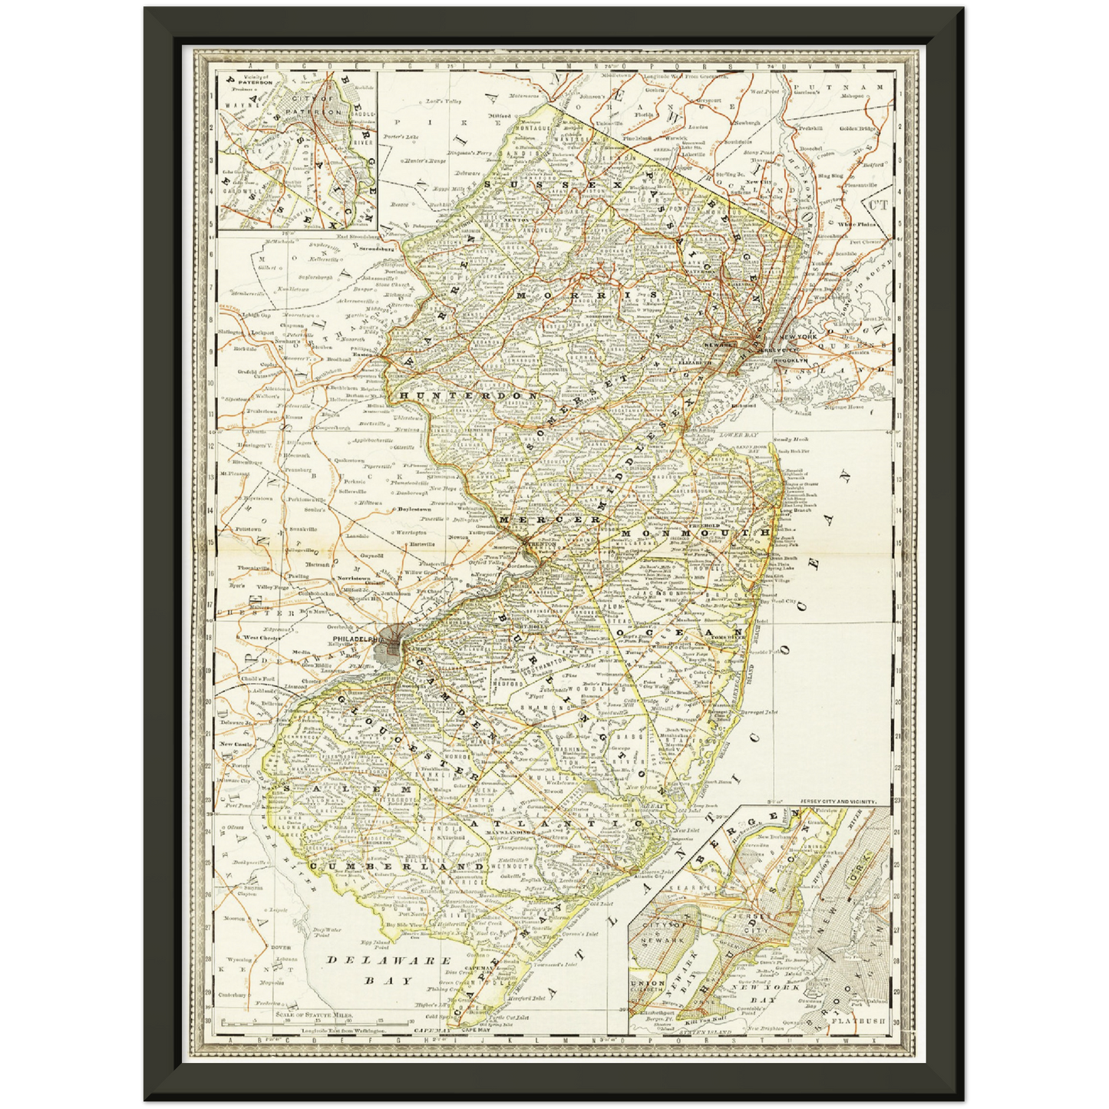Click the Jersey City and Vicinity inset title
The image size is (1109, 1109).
[x=837, y=801]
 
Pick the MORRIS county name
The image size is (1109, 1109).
[x=587, y=295]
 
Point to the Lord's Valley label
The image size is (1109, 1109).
[x=444, y=101]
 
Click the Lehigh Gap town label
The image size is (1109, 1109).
[x=256, y=315]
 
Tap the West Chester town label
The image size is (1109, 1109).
[x=262, y=638]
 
